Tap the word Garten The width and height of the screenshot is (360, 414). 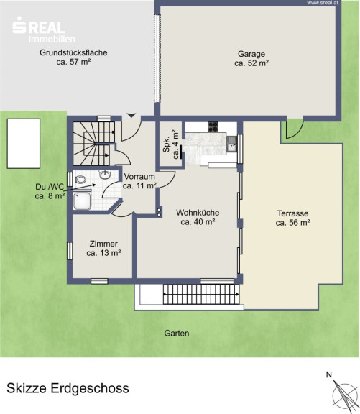point(177,333)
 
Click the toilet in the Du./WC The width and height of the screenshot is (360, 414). point(80,180)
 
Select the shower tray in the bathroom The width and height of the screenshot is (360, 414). point(83,201)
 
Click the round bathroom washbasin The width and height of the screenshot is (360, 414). point(106,174)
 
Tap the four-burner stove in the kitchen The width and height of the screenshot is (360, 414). point(213,126)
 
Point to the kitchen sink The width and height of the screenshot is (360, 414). point(231,144)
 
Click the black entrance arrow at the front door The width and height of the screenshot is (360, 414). point(131,116)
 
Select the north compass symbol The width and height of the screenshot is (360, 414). point(342,394)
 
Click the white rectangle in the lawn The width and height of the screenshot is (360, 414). point(24,143)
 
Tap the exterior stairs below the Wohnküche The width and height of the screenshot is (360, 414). point(201,294)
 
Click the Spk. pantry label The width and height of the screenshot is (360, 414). point(171,144)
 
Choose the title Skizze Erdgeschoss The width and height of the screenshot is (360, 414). point(68,388)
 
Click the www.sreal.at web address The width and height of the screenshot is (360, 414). point(323,3)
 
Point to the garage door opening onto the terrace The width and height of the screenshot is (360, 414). point(295,127)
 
